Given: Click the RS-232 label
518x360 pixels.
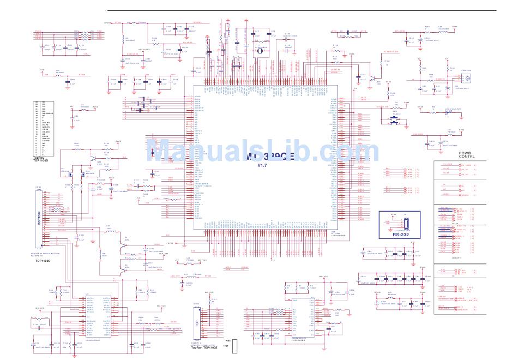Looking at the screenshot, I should point(401,236).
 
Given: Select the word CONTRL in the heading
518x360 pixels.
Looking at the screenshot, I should point(466,157).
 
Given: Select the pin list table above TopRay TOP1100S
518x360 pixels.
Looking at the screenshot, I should point(47,129).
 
